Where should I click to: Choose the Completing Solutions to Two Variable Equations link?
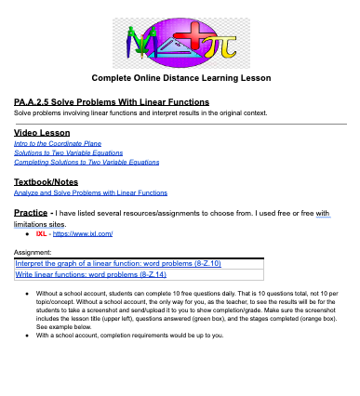point(79,162)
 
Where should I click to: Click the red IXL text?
point(41,235)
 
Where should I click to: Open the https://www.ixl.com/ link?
point(81,235)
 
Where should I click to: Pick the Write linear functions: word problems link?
point(90,275)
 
